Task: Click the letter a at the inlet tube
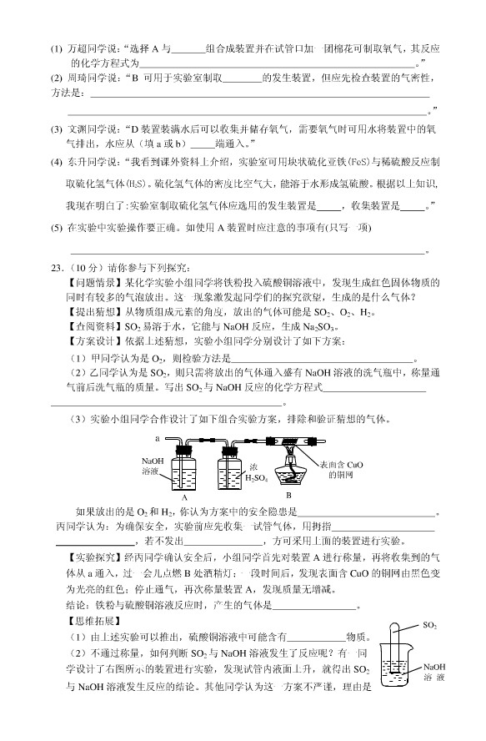[x=157, y=437]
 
